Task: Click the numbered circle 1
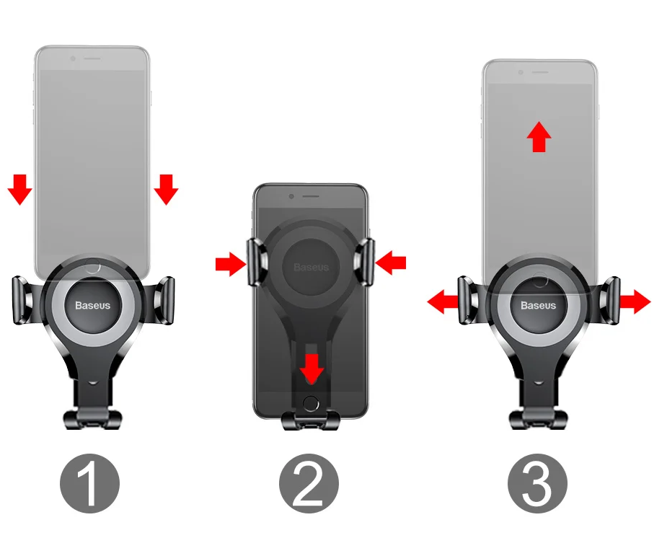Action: pos(89,483)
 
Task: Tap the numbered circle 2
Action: pos(309,483)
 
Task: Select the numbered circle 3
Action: pos(538,483)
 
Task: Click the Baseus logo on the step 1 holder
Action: pos(93,305)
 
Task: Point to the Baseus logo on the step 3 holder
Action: pos(538,305)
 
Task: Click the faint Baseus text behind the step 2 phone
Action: pos(311,267)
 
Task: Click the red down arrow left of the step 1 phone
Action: pos(20,190)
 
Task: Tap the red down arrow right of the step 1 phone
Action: pos(166,190)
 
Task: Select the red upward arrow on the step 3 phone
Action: pos(539,136)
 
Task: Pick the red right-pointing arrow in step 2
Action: pos(231,264)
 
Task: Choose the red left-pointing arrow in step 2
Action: pos(391,263)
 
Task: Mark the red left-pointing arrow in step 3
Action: pos(443,301)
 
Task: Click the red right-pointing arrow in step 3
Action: pos(635,301)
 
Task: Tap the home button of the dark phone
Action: pos(311,403)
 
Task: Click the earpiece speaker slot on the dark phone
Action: pos(311,196)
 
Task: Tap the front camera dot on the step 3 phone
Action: pos(520,72)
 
